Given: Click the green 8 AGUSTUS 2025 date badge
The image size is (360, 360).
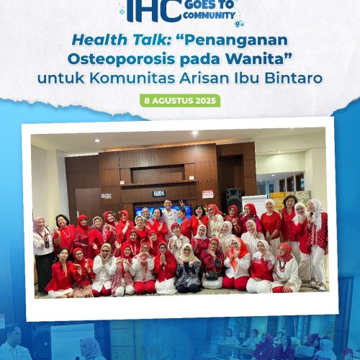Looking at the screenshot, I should [x=180, y=100].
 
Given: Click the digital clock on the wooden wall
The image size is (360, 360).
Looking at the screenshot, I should [x=158, y=193].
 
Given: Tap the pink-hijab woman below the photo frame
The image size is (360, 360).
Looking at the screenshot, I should [x=91, y=349].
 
